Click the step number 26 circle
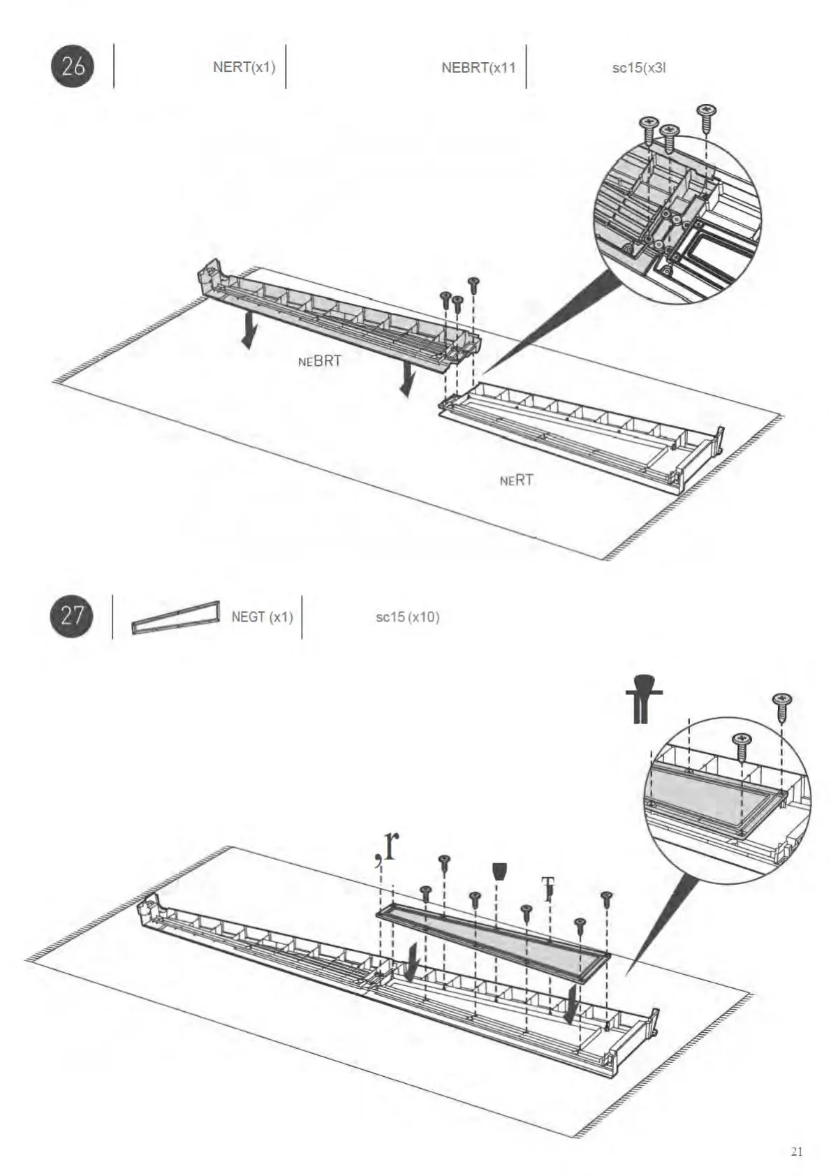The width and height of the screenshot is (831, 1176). click(73, 66)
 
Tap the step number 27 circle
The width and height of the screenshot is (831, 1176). click(72, 616)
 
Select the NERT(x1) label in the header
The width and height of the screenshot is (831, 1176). click(244, 67)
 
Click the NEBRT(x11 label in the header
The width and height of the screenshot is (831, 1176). click(478, 68)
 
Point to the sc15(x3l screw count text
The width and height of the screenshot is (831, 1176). click(638, 68)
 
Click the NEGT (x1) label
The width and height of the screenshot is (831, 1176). click(262, 617)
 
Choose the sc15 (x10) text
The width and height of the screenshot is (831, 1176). click(407, 617)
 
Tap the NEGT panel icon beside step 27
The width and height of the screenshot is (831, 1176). click(176, 617)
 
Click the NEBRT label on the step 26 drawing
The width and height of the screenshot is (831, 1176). click(320, 361)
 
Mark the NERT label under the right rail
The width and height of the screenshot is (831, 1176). click(517, 480)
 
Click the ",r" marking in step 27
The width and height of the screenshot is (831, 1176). click(386, 846)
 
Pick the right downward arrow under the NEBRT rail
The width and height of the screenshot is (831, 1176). click(406, 381)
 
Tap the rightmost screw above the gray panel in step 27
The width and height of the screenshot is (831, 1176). click(606, 899)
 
